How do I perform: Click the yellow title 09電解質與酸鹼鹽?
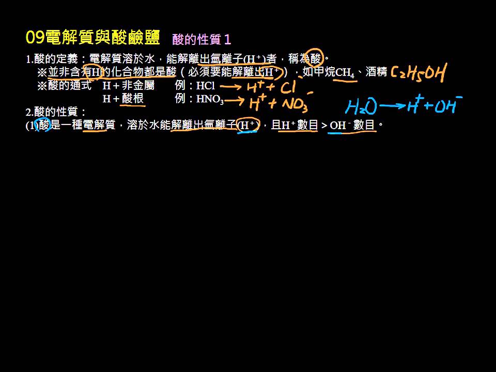pos(92,37)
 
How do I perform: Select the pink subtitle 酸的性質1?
pos(202,40)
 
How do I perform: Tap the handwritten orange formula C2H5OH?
pos(419,73)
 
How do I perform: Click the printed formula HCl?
pos(206,85)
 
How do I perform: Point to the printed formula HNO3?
pos(210,99)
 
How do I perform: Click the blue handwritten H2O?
pos(361,106)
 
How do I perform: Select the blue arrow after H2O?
pos(392,105)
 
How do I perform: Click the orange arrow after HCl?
pos(231,86)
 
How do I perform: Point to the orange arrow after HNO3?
pos(235,101)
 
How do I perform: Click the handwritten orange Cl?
pos(288,86)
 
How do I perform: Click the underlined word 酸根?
pos(133,99)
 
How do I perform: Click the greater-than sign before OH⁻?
pos(324,126)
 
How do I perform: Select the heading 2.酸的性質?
pos(56,112)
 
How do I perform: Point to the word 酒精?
pos(377,72)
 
